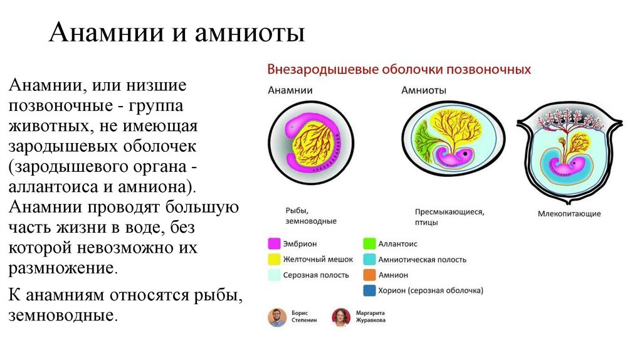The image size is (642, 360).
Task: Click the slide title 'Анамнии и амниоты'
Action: click(x=177, y=33)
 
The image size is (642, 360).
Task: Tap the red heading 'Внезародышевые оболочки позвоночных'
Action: click(x=399, y=69)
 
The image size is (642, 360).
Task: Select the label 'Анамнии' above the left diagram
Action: click(x=290, y=90)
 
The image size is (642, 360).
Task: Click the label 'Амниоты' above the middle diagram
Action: click(x=424, y=90)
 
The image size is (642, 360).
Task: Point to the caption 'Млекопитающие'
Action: click(x=569, y=214)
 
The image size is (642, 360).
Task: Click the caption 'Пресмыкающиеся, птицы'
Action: click(x=449, y=217)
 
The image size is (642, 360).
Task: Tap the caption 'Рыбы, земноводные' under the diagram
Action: click(x=311, y=216)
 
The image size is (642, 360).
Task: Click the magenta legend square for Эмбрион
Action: click(x=274, y=243)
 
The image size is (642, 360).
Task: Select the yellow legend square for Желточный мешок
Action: click(x=274, y=259)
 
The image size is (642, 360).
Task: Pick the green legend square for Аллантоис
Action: click(x=369, y=243)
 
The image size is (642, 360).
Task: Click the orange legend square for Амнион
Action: click(x=369, y=275)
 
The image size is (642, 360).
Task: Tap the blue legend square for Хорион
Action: click(x=369, y=290)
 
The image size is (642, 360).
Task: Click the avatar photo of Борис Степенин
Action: click(x=276, y=317)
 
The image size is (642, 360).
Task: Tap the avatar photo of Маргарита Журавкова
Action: click(x=341, y=317)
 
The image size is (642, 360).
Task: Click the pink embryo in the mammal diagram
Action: click(x=574, y=166)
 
